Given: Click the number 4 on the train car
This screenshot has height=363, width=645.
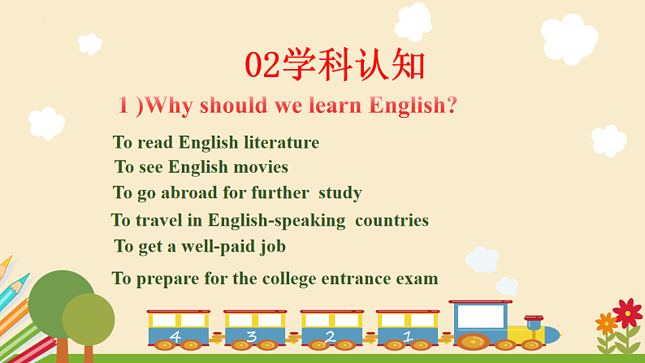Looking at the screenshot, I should tap(175, 335).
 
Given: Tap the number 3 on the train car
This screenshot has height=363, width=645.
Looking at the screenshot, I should tap(252, 335).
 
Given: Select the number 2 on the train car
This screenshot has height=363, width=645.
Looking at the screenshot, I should tap(330, 335).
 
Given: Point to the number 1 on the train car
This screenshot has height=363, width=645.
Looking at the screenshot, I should tap(407, 335).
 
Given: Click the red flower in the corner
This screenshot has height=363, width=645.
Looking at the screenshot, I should tap(626, 313).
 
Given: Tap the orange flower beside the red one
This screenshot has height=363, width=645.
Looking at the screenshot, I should tap(606, 324).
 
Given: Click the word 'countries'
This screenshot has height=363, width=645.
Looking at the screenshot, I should tap(392, 220).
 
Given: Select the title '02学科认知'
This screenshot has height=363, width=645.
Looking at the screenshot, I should tap(335, 66).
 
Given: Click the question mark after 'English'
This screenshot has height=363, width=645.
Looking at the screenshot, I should tap(451, 106).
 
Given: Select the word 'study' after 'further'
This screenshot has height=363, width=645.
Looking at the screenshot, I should tap(340, 193).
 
